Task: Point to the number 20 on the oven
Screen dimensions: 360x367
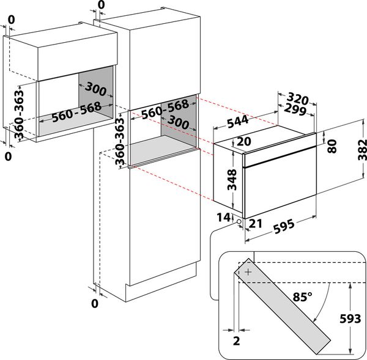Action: pyautogui.click(x=243, y=142)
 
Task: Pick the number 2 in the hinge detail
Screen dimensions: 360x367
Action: pyautogui.click(x=236, y=340)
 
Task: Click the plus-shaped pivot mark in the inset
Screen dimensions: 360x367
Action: pyautogui.click(x=247, y=274)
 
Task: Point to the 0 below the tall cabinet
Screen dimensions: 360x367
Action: pyautogui.click(x=95, y=303)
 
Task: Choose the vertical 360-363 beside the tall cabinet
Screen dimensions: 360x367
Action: pyautogui.click(x=120, y=141)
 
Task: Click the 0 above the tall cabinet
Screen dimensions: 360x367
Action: pyautogui.click(x=101, y=5)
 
